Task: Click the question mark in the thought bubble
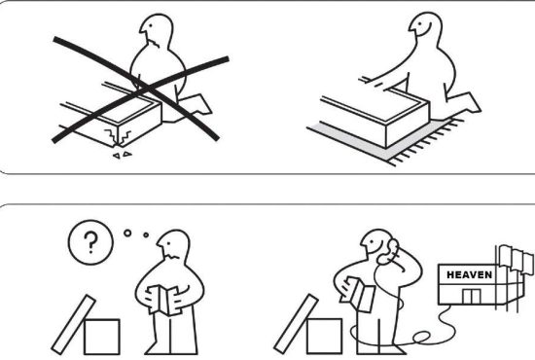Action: pyautogui.click(x=90, y=242)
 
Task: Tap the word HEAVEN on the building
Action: pyautogui.click(x=469, y=274)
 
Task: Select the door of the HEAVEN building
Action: pyautogui.click(x=472, y=296)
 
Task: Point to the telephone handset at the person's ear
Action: pyautogui.click(x=389, y=252)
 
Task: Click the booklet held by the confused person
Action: pyautogui.click(x=162, y=300)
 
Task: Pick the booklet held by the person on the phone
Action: pyautogui.click(x=358, y=295)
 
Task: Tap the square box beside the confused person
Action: pyautogui.click(x=102, y=337)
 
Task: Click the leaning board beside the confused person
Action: pyautogui.click(x=73, y=325)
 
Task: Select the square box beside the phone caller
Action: pyautogui.click(x=325, y=336)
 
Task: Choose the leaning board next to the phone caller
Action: pyautogui.click(x=296, y=323)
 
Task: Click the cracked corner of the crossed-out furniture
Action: pyautogui.click(x=118, y=138)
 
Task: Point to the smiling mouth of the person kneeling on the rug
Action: pyautogui.click(x=424, y=28)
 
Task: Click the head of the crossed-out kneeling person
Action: pyautogui.click(x=157, y=28)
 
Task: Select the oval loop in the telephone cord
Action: pyautogui.click(x=423, y=338)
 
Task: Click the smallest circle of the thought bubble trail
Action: pyautogui.click(x=146, y=235)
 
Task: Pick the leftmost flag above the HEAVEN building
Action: pyautogui.click(x=505, y=256)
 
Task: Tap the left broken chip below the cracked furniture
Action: pyautogui.click(x=117, y=156)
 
